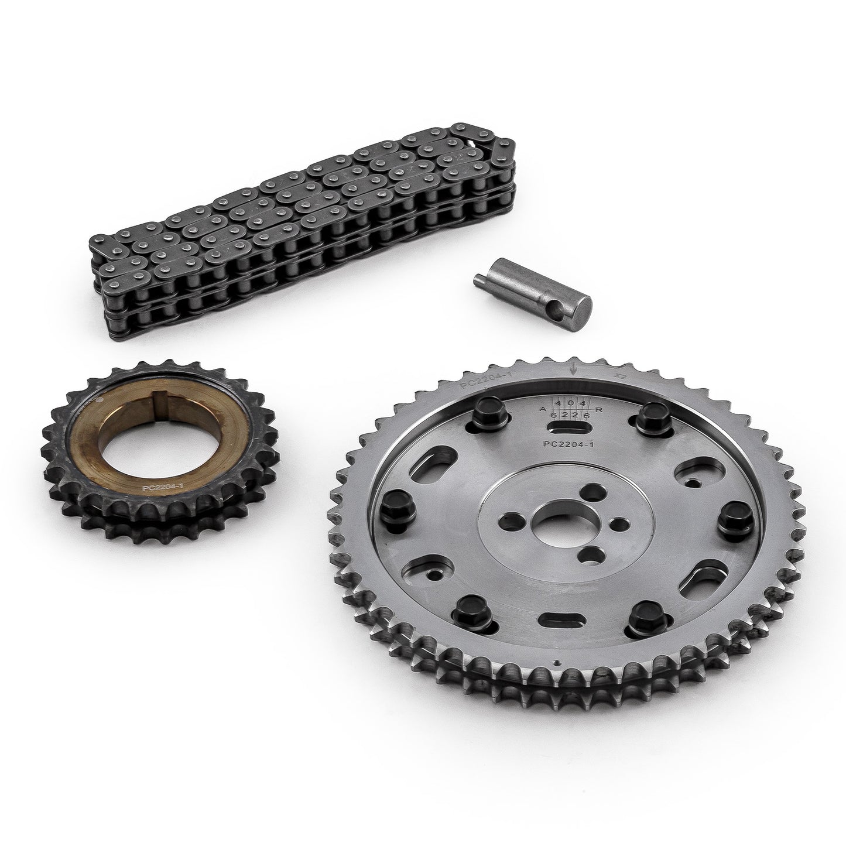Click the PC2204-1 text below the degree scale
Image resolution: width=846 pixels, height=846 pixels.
tap(568, 444)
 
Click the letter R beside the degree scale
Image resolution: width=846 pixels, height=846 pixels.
tap(598, 410)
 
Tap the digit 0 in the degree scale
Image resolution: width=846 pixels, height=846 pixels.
tap(569, 403)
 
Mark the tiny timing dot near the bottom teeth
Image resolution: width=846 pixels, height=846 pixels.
tap(557, 663)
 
